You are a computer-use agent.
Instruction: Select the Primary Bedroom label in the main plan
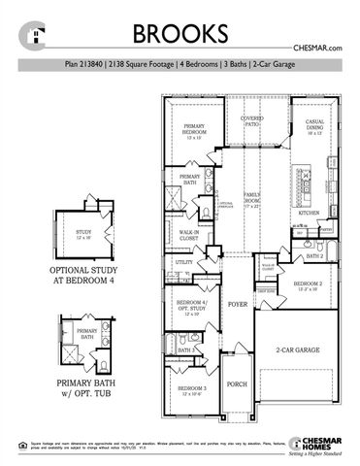coord(197,131)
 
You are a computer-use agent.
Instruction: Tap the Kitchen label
coord(309,212)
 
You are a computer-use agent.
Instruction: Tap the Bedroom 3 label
coord(190,390)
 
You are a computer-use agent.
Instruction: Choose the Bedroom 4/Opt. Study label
coord(190,307)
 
